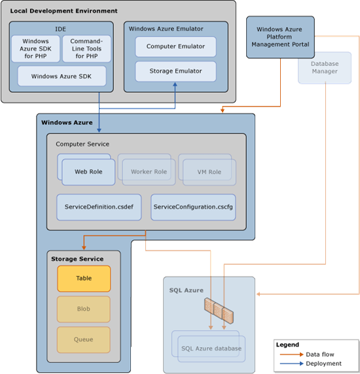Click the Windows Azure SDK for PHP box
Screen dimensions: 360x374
click(x=35, y=48)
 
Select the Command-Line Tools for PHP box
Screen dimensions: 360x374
click(x=86, y=48)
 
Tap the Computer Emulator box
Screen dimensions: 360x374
click(x=175, y=46)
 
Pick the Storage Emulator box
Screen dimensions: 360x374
click(x=175, y=71)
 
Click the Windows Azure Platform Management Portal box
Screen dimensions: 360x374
click(x=280, y=37)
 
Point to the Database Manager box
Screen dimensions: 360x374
click(x=325, y=68)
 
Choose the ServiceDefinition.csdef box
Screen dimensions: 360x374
click(x=99, y=207)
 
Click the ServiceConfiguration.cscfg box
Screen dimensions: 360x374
click(x=193, y=207)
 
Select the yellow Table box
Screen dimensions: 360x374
click(x=84, y=279)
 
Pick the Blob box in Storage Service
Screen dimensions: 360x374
click(x=84, y=309)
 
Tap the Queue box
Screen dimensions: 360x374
click(x=84, y=339)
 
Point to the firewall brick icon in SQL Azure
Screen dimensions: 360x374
click(x=219, y=311)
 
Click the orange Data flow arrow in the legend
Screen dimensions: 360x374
click(x=291, y=354)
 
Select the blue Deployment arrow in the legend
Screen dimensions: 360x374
click(x=291, y=364)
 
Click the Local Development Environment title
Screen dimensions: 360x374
click(x=63, y=11)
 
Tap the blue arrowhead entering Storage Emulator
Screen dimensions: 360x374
click(x=175, y=84)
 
